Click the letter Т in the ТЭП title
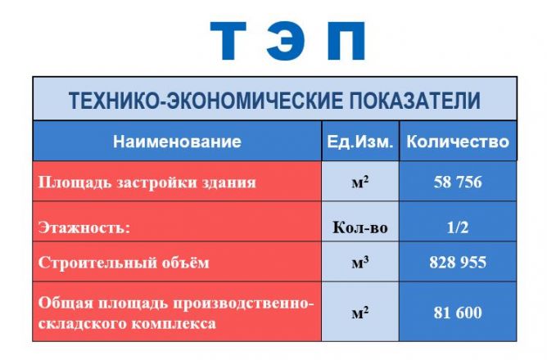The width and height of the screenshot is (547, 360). tap(228, 40)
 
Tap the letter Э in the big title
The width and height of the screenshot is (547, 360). tap(286, 40)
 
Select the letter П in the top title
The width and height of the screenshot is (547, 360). tap(346, 40)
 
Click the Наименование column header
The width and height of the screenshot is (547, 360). tap(177, 142)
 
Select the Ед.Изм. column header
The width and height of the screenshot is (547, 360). tap(360, 142)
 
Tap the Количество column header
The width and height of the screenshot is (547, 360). tap(458, 142)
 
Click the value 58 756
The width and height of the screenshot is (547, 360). tap(458, 182)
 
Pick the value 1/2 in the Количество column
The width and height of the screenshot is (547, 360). tap(458, 227)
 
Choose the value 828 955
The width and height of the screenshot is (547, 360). tap(458, 262)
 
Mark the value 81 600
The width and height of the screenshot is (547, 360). tap(458, 313)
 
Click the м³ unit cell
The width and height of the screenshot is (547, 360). tap(360, 263)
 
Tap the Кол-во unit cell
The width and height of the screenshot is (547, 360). tap(360, 227)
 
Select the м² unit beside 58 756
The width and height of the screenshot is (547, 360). tap(360, 182)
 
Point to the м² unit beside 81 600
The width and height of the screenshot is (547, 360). tap(360, 313)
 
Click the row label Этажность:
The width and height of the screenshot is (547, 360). tap(84, 227)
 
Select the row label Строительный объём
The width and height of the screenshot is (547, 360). tap(124, 263)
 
